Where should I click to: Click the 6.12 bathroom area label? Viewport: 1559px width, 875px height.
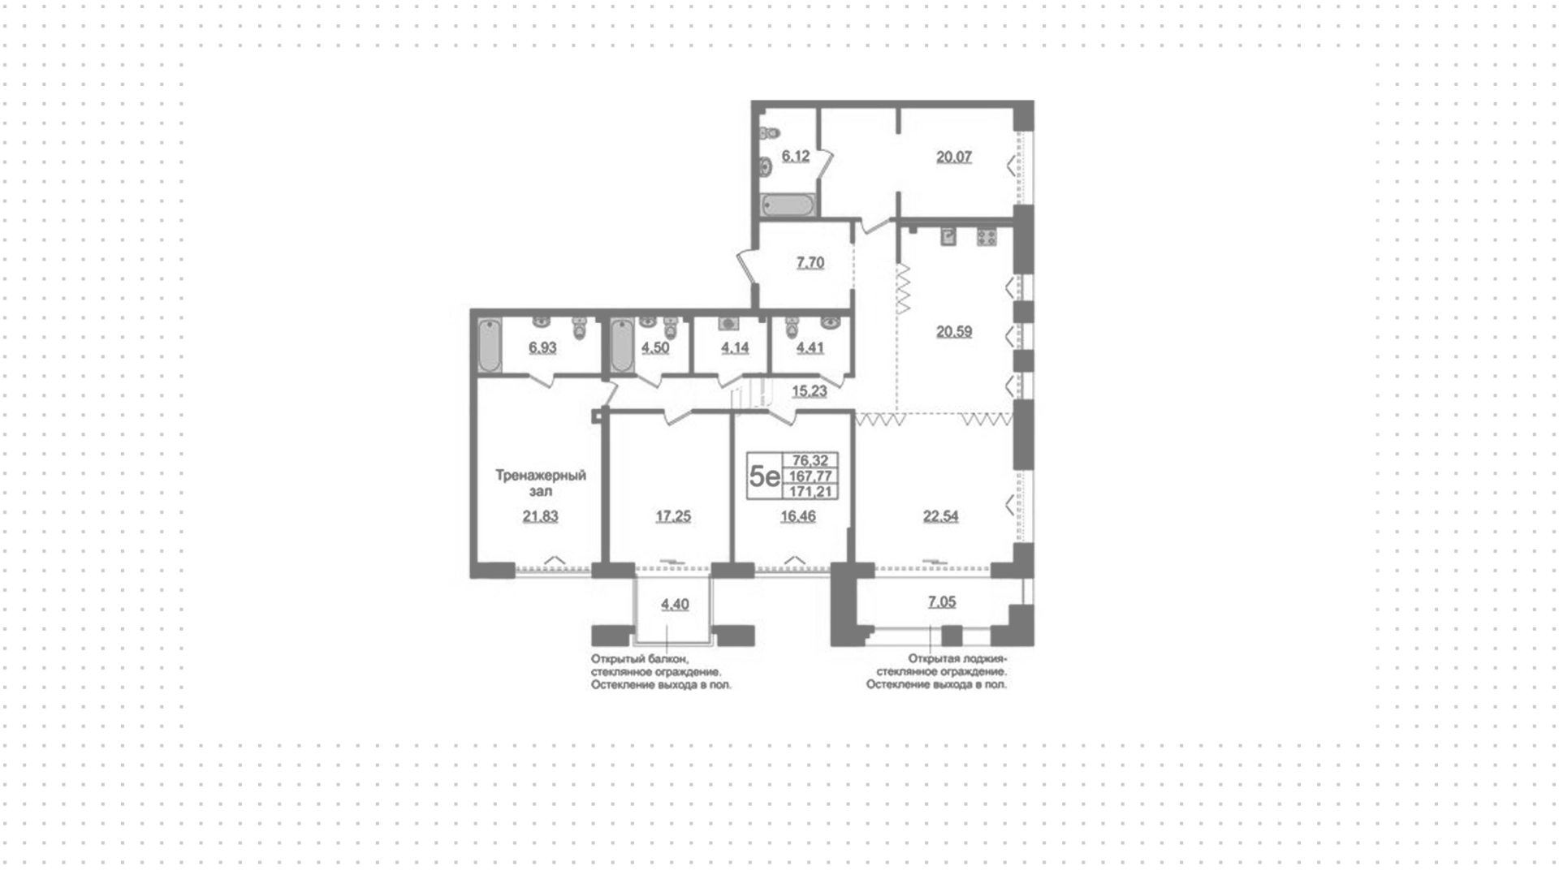(x=796, y=157)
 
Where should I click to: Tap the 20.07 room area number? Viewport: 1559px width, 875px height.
(x=954, y=157)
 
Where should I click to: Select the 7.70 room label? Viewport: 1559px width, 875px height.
(x=810, y=263)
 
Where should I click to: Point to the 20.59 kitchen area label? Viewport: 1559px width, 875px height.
(x=954, y=332)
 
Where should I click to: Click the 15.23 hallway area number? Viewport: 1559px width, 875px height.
(x=810, y=391)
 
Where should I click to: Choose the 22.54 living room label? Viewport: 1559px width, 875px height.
(x=940, y=516)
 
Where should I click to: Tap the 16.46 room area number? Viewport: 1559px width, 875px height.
(x=798, y=516)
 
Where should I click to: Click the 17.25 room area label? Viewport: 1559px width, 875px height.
(x=673, y=516)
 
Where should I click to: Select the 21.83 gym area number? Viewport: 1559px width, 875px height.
(x=541, y=516)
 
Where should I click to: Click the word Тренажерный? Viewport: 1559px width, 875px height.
(x=541, y=476)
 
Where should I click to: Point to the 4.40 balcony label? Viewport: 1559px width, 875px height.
(x=675, y=605)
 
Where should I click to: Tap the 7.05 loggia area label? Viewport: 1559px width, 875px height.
(x=942, y=602)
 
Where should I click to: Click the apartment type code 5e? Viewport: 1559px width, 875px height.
(x=764, y=476)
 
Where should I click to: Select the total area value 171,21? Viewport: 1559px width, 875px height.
(x=810, y=492)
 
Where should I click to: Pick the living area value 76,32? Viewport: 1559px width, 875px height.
(x=810, y=461)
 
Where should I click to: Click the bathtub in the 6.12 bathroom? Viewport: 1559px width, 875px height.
(x=788, y=205)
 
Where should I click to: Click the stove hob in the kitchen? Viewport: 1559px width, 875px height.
(x=987, y=237)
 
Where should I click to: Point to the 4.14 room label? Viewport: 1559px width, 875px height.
(x=735, y=348)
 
